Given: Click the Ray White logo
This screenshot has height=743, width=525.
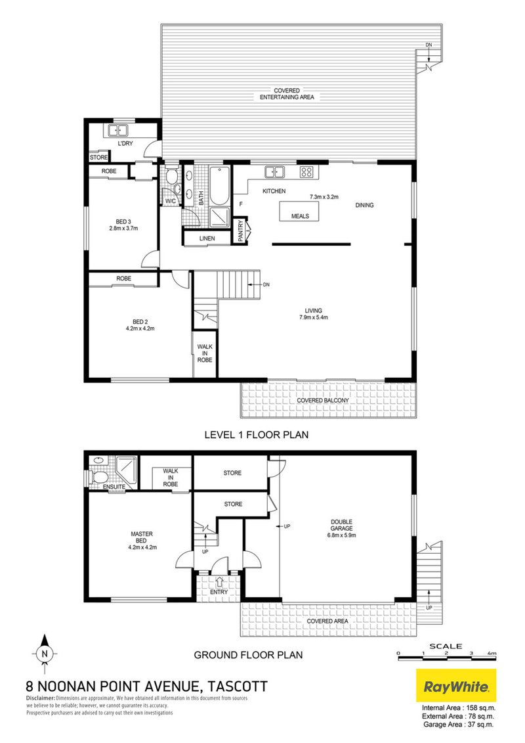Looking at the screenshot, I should pos(457,687).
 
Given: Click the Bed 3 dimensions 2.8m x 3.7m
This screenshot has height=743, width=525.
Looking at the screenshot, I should pos(123,229).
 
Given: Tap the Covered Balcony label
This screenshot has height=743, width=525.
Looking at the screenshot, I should pos(322,401).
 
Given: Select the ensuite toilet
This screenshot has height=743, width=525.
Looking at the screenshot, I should pos(98,477).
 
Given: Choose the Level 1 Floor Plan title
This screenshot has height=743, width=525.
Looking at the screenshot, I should pos(257,434).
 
